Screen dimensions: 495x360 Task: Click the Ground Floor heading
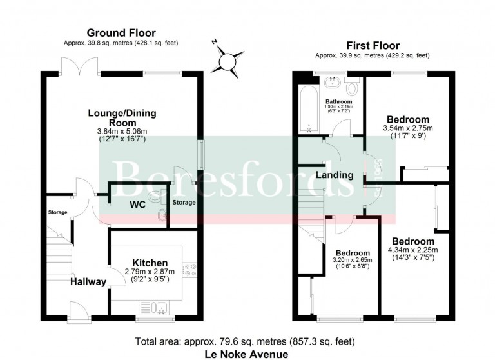coord(121,33)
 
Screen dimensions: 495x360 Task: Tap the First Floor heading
coord(373,46)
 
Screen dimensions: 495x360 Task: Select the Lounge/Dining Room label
coord(122,117)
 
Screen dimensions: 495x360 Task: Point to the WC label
coord(138,205)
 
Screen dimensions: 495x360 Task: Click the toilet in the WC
coord(156,196)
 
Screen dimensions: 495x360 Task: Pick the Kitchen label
coord(150,263)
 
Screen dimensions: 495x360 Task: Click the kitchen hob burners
coord(189,269)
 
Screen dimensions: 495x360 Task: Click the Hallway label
coord(88,282)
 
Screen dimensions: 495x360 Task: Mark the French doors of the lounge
coord(79,66)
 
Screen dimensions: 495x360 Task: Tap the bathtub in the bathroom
coord(309,109)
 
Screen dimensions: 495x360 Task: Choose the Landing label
coord(335,175)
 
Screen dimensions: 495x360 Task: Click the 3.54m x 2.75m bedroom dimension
coord(408,128)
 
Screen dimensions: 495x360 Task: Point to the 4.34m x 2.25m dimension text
coord(413,250)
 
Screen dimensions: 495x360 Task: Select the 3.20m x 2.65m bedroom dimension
coord(353,260)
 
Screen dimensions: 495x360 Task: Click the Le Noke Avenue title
coord(247,354)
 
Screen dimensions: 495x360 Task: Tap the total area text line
coord(245,342)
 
